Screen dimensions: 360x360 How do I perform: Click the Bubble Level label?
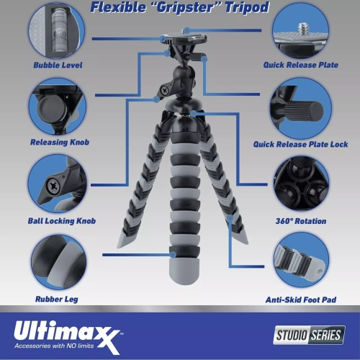58,65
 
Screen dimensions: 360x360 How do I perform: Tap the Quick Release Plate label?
301,65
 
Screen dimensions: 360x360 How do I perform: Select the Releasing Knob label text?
60,142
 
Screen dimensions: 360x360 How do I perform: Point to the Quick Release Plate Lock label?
300,144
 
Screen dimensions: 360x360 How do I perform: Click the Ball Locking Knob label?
62,221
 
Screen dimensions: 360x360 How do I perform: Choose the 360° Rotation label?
301,221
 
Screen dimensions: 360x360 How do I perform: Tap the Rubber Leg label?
57,299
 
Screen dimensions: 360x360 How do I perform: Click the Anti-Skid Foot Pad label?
301,300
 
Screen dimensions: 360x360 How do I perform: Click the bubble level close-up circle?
56,30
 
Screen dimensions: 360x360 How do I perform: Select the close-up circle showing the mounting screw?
301,30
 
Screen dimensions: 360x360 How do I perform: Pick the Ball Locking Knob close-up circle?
58,184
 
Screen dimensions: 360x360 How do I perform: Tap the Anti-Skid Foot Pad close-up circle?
301,261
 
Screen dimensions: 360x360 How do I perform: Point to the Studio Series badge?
309,335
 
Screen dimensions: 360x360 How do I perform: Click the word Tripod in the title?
247,8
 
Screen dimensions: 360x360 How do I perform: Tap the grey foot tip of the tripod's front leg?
184,271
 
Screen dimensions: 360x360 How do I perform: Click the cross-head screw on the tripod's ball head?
165,90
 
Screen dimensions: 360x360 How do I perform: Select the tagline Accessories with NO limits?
54,346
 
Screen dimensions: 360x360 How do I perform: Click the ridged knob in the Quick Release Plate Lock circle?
304,111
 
